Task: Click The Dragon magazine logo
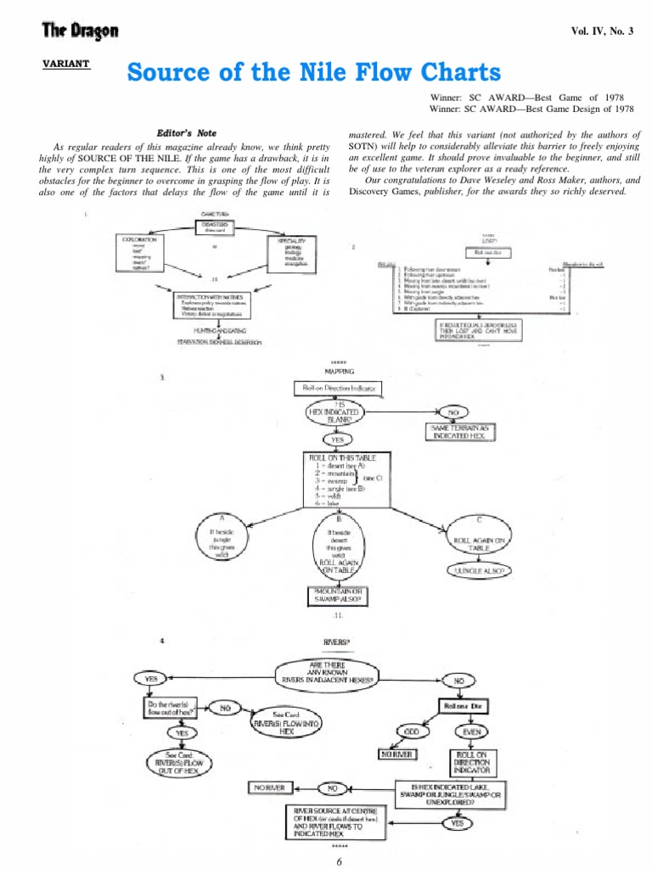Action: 81,32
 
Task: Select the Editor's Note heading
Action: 187,133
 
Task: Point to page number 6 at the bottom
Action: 338,861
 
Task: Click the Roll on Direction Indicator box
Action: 338,388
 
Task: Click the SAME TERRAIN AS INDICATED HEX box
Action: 461,433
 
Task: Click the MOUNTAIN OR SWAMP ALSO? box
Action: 338,597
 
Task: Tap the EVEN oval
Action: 473,731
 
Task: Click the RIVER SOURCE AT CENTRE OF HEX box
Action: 334,821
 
